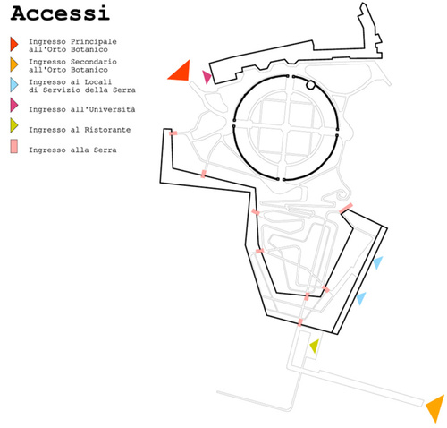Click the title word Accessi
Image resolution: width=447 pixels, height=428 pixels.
pos(60,13)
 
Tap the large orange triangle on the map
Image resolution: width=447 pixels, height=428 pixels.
pos(436,407)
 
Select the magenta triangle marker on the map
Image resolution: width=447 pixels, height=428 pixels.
pos(207,77)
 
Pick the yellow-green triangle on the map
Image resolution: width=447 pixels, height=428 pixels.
pos(315,347)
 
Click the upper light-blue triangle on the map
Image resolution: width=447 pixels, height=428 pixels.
pos(378,262)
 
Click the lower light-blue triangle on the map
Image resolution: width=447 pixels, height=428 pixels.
pos(361,298)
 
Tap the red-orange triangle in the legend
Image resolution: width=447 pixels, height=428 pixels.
pos(13,44)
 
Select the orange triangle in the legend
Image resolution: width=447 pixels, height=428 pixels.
pos(13,64)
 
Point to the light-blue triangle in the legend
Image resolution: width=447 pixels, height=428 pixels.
pos(13,85)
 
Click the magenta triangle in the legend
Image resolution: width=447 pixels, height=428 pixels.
pos(13,105)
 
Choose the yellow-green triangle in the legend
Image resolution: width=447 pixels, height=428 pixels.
pos(13,125)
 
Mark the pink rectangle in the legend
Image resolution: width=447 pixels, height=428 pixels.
pos(13,146)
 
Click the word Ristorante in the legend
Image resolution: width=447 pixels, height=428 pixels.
pos(107,130)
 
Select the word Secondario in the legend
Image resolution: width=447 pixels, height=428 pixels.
pos(94,62)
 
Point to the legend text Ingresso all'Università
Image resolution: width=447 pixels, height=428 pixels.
pos(82,109)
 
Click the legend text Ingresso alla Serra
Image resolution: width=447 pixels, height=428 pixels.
pos(72,150)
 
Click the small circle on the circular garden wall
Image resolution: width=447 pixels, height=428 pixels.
pos(310,85)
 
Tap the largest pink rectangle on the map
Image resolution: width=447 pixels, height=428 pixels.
pos(346,208)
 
